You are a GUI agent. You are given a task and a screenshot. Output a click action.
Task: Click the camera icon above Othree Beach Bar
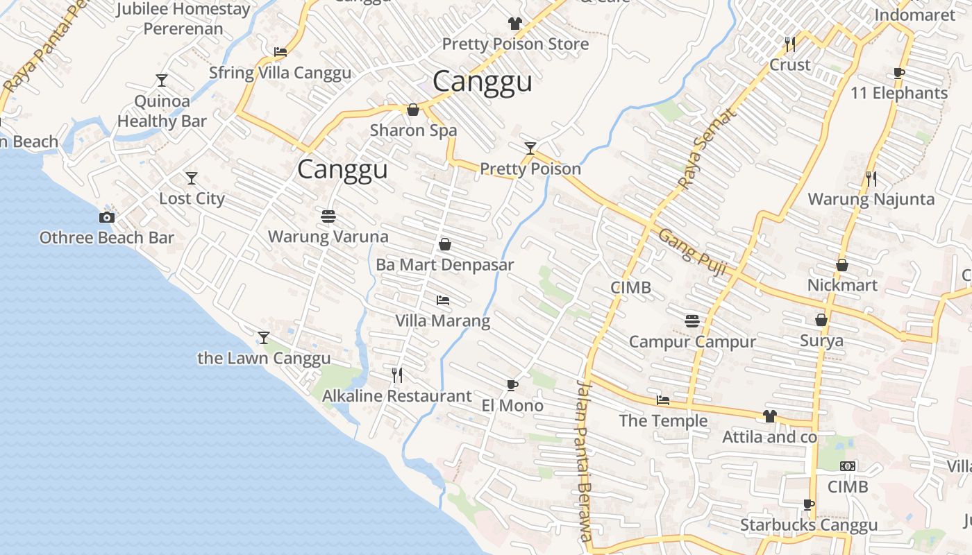106,217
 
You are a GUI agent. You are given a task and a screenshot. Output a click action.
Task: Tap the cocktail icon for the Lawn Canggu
264,338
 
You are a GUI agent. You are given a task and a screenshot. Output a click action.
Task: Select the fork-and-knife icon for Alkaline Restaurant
397,375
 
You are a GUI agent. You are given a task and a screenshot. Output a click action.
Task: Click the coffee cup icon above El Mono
512,385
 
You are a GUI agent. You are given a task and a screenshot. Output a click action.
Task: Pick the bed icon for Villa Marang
443,300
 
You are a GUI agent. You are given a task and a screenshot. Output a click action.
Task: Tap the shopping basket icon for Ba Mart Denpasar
445,244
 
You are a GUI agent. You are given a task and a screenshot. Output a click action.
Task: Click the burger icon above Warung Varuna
328,216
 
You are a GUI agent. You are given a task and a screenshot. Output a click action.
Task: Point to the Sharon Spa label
413,130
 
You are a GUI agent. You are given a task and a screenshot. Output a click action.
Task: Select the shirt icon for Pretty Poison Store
514,24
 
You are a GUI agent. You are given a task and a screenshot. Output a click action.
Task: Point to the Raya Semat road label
705,149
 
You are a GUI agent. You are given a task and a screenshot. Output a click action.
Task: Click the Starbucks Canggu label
809,525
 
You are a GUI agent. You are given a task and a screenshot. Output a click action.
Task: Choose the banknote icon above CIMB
848,466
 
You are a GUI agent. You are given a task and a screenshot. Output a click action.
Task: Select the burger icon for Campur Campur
692,321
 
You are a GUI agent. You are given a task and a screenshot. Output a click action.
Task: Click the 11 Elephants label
899,93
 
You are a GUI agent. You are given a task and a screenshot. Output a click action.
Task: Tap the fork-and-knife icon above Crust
789,44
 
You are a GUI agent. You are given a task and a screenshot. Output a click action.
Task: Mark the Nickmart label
842,285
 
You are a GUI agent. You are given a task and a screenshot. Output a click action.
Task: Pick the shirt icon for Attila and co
769,416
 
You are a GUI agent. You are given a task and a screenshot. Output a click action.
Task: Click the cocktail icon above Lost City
192,178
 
